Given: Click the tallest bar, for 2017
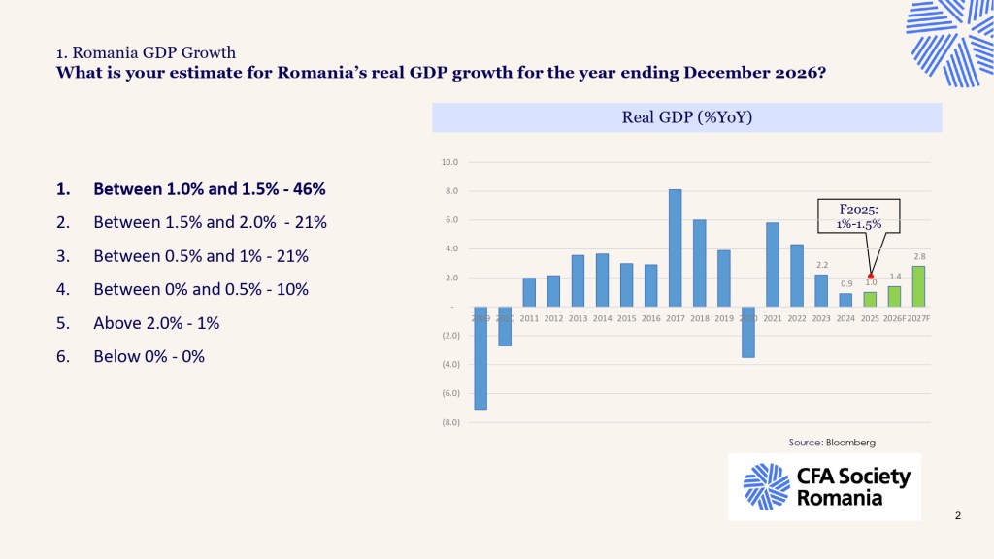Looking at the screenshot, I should click(x=676, y=248).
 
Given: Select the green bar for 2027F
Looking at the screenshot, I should click(x=918, y=287).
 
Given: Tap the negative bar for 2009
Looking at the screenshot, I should click(x=480, y=358).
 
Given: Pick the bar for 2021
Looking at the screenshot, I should click(x=773, y=265).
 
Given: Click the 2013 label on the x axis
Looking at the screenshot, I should click(x=578, y=318).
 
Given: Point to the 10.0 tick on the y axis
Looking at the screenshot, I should click(x=449, y=162).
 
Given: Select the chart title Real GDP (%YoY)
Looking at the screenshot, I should click(x=687, y=118).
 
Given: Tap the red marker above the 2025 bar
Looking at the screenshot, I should click(x=871, y=277).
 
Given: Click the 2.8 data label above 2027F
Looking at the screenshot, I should click(x=918, y=255).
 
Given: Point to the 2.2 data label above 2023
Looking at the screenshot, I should click(x=821, y=264).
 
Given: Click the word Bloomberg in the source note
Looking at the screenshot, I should click(x=850, y=443).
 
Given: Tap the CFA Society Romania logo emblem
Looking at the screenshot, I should click(x=766, y=486).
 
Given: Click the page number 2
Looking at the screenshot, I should click(x=957, y=515).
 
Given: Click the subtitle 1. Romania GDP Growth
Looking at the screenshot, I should click(x=146, y=52).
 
